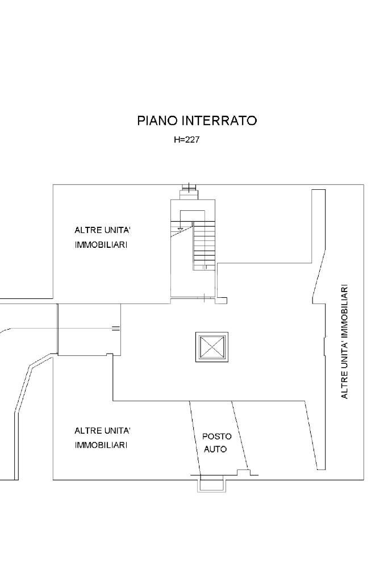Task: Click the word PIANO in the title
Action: click(157, 120)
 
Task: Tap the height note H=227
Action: click(186, 140)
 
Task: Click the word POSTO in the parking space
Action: click(217, 436)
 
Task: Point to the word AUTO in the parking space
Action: click(215, 449)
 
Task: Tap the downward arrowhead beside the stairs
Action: click(180, 228)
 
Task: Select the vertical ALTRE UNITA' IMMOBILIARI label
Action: click(344, 342)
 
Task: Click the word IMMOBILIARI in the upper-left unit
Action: click(101, 244)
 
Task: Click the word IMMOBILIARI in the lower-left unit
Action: click(101, 444)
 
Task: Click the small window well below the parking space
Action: click(212, 485)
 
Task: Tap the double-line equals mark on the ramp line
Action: click(116, 328)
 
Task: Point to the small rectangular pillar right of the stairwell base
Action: click(222, 300)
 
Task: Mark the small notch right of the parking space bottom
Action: click(244, 472)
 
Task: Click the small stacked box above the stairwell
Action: click(187, 192)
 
